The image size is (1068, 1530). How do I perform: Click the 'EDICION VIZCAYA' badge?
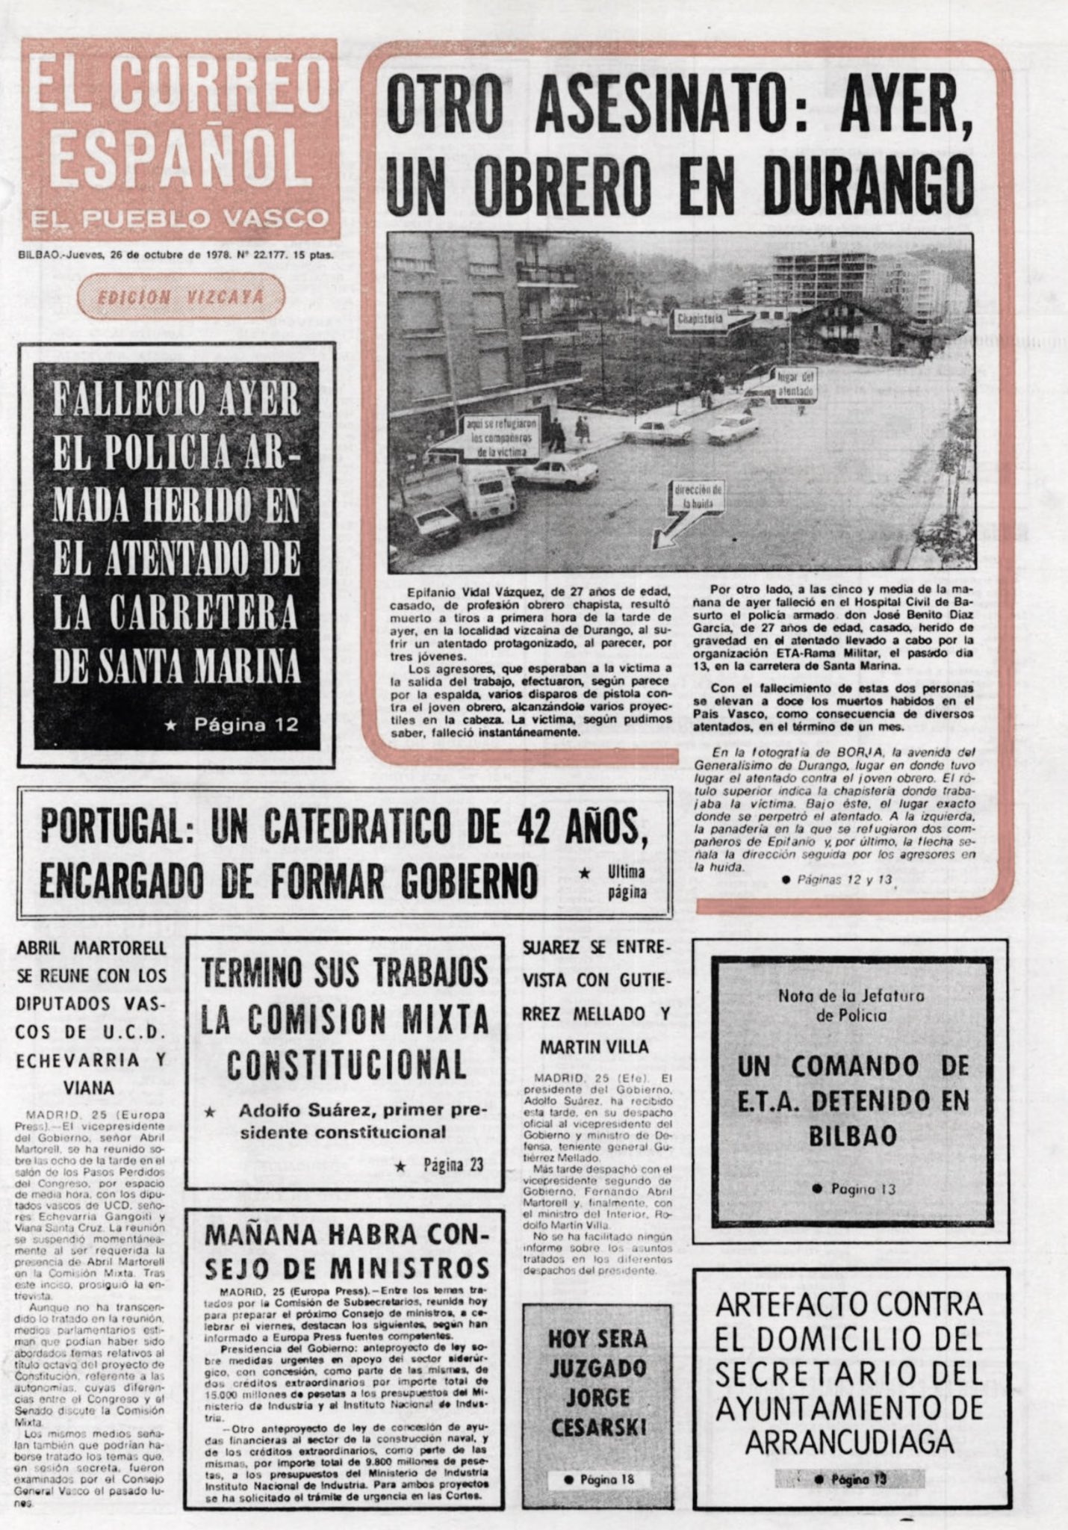[181, 297]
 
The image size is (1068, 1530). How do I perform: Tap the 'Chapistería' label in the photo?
[700, 320]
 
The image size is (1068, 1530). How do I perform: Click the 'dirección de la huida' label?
[698, 497]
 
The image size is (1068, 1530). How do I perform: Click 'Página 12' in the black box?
[246, 724]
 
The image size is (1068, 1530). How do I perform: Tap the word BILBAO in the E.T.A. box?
[852, 1136]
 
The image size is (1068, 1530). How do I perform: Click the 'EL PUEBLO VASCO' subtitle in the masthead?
[180, 219]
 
